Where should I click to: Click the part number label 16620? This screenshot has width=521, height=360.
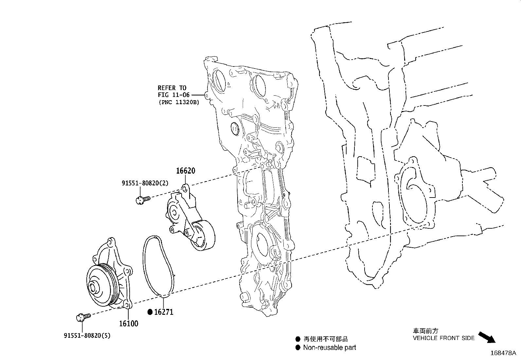186,171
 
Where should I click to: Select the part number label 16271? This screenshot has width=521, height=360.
164,312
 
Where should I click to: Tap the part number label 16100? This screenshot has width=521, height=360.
128,324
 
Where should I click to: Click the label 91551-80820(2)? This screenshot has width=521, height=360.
145,183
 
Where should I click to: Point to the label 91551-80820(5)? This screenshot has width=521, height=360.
87,335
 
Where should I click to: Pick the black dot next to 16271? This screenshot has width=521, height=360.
150,312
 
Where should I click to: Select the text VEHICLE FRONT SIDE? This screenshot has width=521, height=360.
443,338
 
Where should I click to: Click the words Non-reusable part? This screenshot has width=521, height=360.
329,348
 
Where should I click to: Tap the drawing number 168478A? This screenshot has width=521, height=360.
503,353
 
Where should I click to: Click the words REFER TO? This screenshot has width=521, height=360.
172,88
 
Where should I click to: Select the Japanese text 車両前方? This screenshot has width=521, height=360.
425,331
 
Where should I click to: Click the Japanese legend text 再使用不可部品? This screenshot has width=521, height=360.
326,339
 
